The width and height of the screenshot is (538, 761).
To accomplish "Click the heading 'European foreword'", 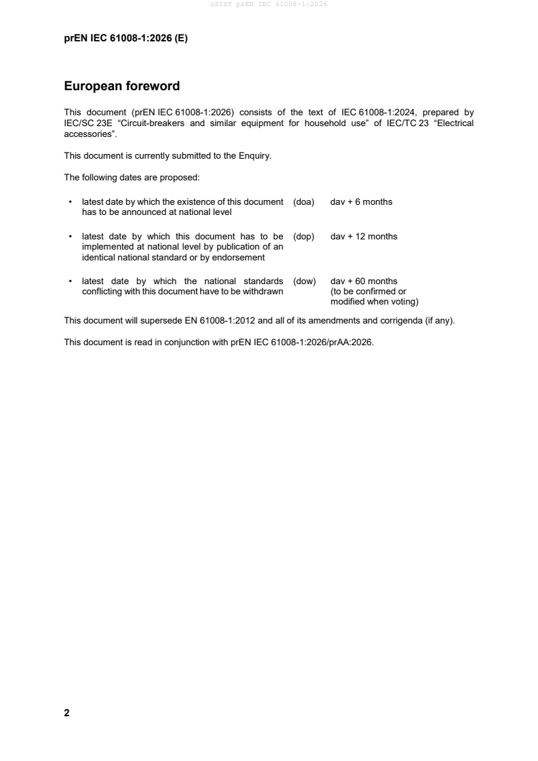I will click(x=121, y=86).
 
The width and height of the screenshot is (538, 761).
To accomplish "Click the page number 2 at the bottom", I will click(x=66, y=713).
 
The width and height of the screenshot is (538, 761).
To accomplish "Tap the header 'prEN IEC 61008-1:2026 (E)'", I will click(x=126, y=39).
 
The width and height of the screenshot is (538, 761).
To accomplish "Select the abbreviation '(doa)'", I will click(x=303, y=201).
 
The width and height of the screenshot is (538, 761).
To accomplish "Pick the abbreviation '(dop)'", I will click(x=303, y=236).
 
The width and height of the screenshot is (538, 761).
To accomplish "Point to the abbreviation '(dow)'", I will click(x=304, y=281).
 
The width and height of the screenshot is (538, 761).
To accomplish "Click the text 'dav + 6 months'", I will click(x=361, y=201).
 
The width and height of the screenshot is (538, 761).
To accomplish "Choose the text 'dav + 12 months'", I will click(x=364, y=236).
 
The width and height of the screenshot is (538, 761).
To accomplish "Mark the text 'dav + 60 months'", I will click(x=364, y=281).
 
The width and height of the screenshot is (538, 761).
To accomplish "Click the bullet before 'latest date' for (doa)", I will click(x=71, y=202).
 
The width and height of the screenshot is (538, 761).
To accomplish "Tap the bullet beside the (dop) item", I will click(x=71, y=237).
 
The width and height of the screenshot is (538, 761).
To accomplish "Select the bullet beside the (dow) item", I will click(x=71, y=281).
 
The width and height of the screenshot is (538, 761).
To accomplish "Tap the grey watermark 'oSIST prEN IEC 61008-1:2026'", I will click(x=269, y=5).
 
